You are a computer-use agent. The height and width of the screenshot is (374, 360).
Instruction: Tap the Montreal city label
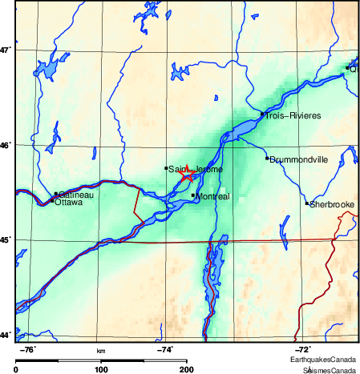pyautogui.click(x=213, y=197)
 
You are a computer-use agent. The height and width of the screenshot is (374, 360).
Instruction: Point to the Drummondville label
pyautogui.click(x=299, y=159)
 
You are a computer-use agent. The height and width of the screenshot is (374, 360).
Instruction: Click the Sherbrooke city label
pyautogui.click(x=332, y=205)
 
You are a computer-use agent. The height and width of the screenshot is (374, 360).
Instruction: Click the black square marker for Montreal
pyautogui.click(x=193, y=195)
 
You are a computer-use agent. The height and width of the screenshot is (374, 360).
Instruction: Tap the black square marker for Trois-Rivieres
pyautogui.click(x=262, y=114)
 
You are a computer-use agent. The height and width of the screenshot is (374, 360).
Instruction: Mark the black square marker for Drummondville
pyautogui.click(x=267, y=158)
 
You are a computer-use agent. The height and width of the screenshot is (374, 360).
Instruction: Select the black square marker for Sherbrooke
pyautogui.click(x=306, y=203)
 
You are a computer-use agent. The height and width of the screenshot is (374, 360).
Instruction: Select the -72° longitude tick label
pyautogui.click(x=303, y=349)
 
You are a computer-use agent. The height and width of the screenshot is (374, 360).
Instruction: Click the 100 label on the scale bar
pyautogui.click(x=101, y=369)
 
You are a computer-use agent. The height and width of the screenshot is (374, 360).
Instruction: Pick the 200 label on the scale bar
pyautogui.click(x=186, y=369)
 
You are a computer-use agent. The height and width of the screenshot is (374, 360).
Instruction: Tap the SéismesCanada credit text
pyautogui.click(x=330, y=370)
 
